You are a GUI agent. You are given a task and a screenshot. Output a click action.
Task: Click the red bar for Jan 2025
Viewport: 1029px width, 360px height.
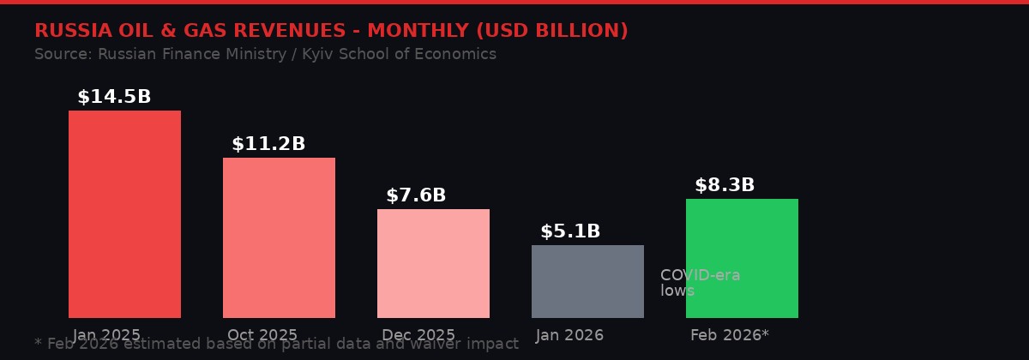click(124, 214)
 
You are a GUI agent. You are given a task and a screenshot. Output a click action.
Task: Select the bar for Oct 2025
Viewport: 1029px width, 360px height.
click(279, 237)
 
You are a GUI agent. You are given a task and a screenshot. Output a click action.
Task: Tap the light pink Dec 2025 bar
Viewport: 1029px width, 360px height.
click(433, 263)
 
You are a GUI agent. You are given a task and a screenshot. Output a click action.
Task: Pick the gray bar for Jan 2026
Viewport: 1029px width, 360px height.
click(587, 281)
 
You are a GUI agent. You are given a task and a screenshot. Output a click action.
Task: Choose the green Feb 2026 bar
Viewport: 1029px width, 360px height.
click(742, 258)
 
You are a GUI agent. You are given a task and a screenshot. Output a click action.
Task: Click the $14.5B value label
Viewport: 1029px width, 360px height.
click(114, 97)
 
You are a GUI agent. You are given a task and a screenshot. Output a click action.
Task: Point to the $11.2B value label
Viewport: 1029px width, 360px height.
click(268, 144)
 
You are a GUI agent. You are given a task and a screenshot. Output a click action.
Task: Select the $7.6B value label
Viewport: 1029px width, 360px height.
click(416, 195)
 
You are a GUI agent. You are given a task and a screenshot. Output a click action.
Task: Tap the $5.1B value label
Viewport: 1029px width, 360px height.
click(570, 231)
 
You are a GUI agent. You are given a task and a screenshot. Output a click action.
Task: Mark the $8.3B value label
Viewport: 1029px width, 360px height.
click(725, 185)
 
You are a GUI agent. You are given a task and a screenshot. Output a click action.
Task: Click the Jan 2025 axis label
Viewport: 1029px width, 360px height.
click(106, 335)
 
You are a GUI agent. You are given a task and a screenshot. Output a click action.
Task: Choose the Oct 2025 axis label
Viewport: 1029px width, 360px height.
click(262, 335)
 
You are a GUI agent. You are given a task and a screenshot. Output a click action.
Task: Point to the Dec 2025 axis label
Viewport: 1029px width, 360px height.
click(418, 335)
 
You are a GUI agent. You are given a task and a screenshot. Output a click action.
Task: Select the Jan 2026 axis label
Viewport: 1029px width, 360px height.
click(569, 335)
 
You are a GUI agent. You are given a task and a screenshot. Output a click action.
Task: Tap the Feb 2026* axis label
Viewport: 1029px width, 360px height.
click(730, 335)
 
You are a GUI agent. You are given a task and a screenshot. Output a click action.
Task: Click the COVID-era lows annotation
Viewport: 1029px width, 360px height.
click(700, 283)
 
